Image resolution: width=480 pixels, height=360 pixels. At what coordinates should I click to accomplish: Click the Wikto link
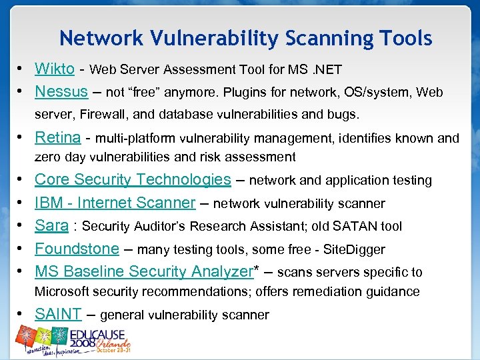[55, 69]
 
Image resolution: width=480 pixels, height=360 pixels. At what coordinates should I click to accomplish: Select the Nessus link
[61, 91]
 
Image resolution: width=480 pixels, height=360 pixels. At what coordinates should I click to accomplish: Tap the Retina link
[58, 138]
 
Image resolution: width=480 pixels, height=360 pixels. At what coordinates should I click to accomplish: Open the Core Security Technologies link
[133, 179]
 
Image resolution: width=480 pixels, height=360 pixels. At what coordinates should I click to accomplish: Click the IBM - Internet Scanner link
[115, 203]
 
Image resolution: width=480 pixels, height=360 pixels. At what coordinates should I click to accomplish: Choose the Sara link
[51, 225]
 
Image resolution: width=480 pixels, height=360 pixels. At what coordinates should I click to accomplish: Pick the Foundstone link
[77, 249]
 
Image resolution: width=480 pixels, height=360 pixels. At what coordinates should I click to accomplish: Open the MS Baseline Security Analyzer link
[143, 271]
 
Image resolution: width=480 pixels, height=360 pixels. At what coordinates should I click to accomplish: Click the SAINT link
[58, 314]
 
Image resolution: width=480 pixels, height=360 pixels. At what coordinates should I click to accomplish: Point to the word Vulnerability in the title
[210, 39]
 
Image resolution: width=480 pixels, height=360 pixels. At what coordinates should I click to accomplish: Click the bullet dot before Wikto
[22, 69]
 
